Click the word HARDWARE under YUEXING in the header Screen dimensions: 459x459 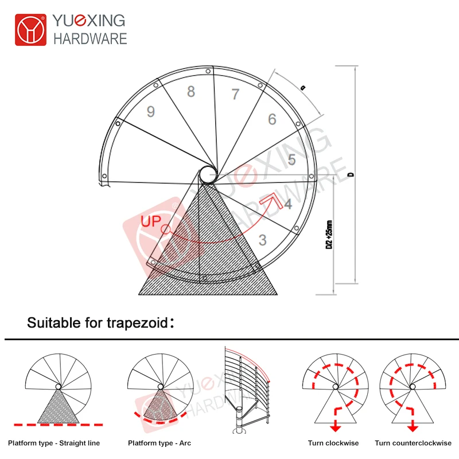[90, 38]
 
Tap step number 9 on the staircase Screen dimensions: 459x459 [150, 111]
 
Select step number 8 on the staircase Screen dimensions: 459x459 [191, 92]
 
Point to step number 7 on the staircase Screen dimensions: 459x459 [235, 94]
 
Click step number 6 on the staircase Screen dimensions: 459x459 [272, 119]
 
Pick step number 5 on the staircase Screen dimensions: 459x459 [292, 160]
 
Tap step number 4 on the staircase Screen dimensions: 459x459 [288, 204]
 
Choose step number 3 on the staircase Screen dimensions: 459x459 [263, 240]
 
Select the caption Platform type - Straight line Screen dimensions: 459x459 [54, 443]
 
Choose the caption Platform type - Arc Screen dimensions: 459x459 [160, 443]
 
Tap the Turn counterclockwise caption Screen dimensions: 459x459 [413, 443]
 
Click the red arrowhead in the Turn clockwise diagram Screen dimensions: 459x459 [335, 428]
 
